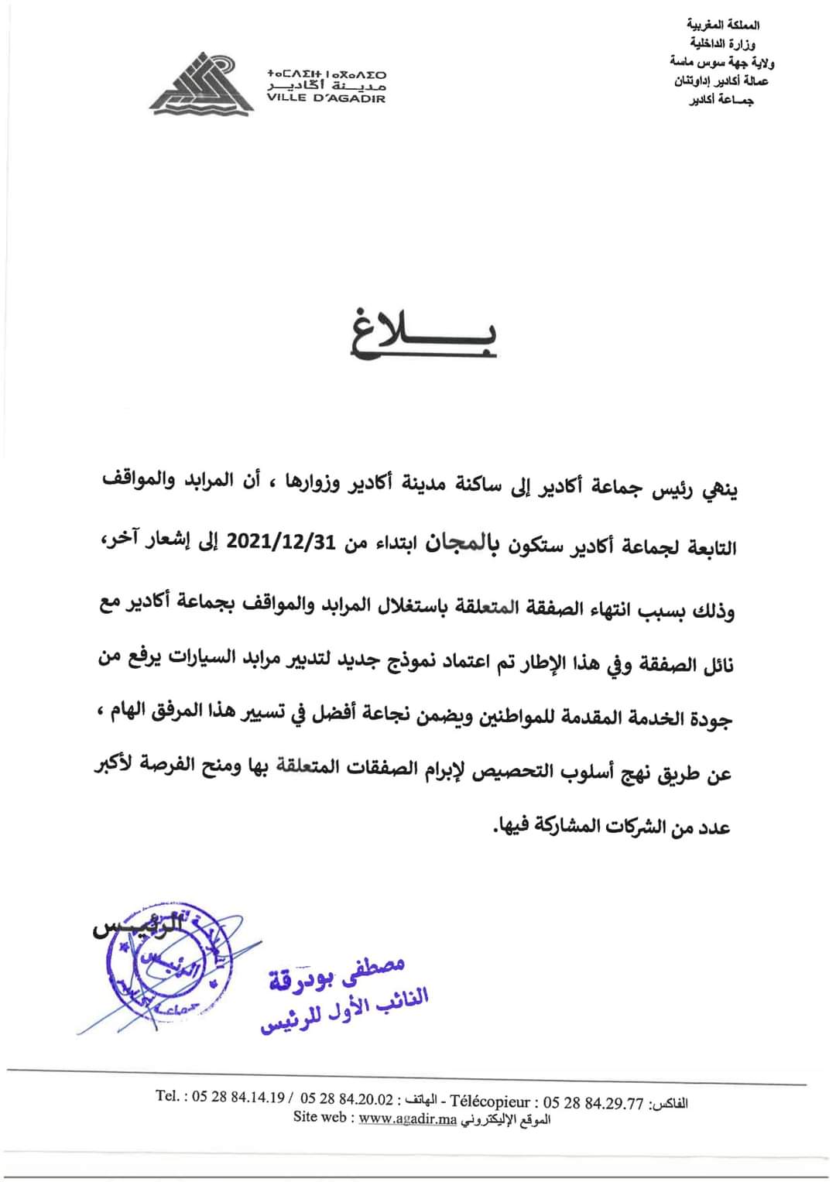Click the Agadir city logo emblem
point(202,84)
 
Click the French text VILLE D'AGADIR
point(326,98)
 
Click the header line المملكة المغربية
point(724,26)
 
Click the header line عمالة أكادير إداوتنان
point(721,81)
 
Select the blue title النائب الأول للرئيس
point(344,1010)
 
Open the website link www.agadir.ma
point(408,1117)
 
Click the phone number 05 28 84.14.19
point(238,1098)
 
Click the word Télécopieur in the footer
point(490,1101)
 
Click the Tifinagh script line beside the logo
point(326,74)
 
